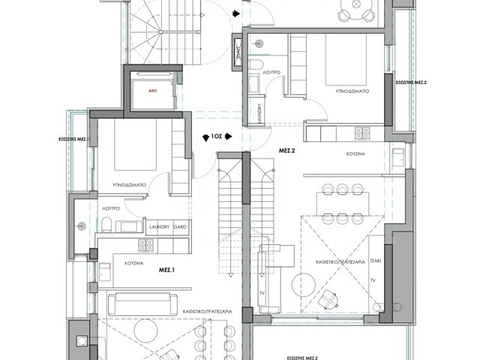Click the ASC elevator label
[x=152, y=91]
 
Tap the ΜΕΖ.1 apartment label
[x=166, y=268]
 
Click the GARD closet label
[x=180, y=226]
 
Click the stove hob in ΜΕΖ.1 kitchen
[x=144, y=244]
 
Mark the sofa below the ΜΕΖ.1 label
[x=139, y=304]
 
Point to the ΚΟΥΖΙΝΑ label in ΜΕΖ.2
[x=355, y=152]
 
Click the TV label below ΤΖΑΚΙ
[x=373, y=280]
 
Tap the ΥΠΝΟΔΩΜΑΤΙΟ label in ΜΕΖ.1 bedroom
[x=128, y=182]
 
